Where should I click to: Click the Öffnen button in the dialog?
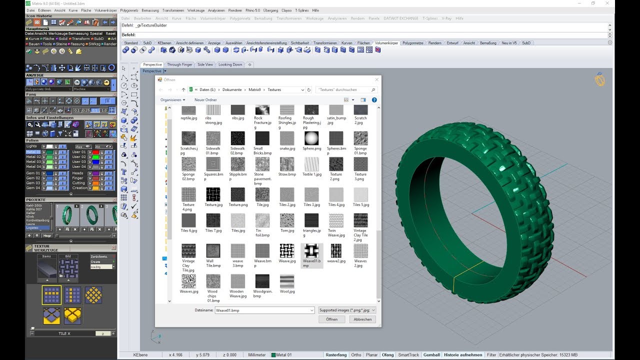(332, 319)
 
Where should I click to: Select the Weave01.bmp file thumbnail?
(311, 251)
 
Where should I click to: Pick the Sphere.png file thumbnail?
(311, 138)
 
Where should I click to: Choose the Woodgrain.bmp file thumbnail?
(262, 281)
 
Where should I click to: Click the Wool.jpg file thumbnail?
(287, 281)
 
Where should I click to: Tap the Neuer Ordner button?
(205, 100)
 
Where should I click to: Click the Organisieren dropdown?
(172, 100)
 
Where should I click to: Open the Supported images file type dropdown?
(347, 310)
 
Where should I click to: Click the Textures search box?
(346, 89)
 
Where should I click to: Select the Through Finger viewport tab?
(179, 64)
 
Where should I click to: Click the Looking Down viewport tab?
(230, 64)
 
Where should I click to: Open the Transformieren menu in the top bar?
(173, 10)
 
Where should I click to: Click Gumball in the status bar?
(431, 355)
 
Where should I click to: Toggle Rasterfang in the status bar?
(336, 355)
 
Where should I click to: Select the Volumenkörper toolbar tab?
(386, 43)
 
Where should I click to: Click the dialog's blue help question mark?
(374, 100)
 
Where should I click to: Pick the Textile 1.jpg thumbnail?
(311, 164)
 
